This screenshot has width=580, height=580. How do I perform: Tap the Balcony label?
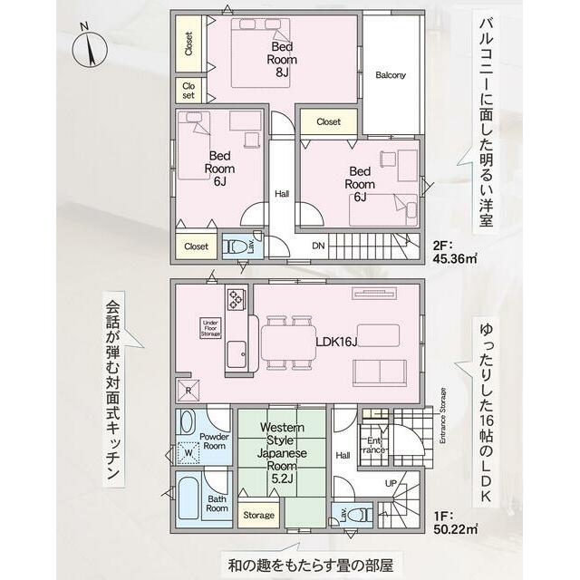coord(391,75)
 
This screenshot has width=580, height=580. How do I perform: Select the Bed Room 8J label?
coord(282,59)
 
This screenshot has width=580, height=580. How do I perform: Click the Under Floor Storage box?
coord(211,328)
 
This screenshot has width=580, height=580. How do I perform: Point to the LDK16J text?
coord(336,343)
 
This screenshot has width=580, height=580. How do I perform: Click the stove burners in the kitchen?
coord(235,299)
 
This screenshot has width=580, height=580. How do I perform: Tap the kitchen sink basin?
coord(237,353)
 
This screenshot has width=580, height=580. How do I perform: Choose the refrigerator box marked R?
coord(188,391)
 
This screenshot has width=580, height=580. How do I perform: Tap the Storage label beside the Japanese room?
coord(258,515)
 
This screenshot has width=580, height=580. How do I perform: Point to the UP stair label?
coord(391,483)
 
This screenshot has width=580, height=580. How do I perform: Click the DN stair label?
coord(318,246)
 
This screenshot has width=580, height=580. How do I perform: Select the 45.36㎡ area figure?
coord(455,258)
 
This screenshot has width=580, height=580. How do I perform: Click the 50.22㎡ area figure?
coord(455,528)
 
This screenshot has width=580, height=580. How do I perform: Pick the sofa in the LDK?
coord(379,372)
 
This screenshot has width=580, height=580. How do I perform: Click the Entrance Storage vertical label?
coord(443,416)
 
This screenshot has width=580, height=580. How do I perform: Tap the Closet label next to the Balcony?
coord(328,121)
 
